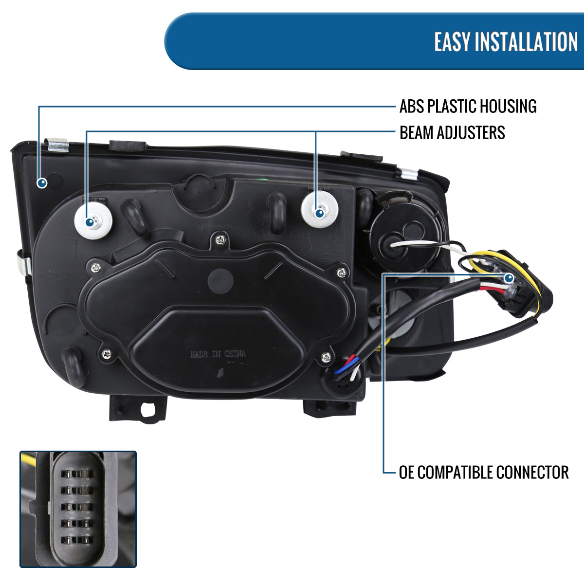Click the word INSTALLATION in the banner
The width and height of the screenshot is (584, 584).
[526, 42]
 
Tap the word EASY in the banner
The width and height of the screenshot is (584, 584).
[452, 42]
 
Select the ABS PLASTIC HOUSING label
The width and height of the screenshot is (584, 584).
[468, 106]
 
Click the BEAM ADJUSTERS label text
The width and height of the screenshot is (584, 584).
[452, 132]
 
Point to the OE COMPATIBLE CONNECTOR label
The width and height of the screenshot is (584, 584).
[483, 472]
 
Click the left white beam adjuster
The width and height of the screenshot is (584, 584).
[93, 221]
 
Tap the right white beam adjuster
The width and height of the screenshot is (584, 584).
[320, 210]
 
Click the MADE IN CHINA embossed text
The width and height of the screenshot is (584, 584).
[218, 354]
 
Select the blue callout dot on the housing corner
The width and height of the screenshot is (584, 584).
[42, 182]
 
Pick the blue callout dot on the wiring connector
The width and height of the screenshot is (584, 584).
[509, 278]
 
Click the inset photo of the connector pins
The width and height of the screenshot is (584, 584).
[78, 509]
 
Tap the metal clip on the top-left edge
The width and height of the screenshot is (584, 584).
[58, 146]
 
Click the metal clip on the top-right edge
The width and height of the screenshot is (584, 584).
[407, 172]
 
